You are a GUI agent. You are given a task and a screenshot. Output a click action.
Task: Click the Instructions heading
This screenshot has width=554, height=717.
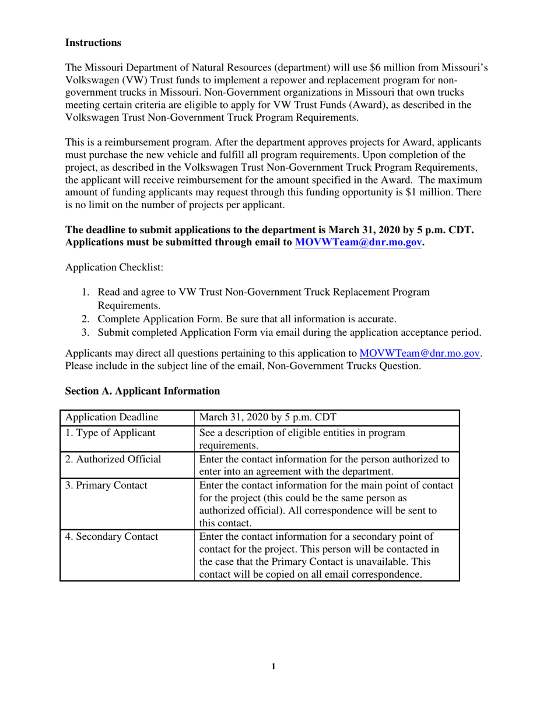coord(93,43)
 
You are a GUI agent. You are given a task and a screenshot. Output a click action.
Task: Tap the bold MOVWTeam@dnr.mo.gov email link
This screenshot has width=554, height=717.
coord(358,243)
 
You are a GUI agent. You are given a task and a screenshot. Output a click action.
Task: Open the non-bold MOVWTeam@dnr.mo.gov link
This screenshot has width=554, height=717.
coord(420,353)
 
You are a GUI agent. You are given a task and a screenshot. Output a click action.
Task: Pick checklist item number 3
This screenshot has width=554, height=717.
coord(289,333)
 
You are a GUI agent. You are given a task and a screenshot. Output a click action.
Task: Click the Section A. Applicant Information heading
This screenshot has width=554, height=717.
coord(142,391)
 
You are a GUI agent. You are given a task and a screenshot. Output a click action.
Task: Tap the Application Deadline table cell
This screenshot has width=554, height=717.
coord(111,417)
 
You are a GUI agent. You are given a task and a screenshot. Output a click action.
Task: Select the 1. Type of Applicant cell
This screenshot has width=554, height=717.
coord(110,433)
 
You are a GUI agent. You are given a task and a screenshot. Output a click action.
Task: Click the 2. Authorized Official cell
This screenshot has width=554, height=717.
coord(113,459)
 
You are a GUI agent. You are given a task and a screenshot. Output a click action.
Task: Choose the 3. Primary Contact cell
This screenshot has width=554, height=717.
coord(106,485)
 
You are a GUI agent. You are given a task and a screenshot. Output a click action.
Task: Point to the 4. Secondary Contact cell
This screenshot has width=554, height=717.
coord(111,537)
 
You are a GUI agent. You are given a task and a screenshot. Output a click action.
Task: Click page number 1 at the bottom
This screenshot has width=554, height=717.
coord(274,666)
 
